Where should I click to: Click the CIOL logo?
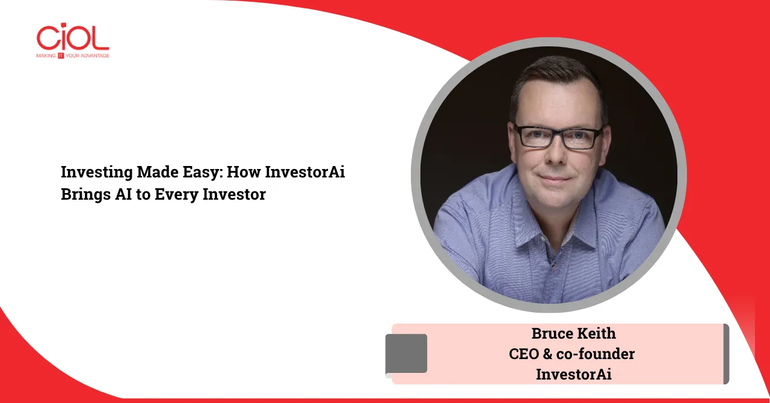pyautogui.click(x=73, y=40)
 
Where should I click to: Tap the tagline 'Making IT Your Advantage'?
pyautogui.click(x=73, y=56)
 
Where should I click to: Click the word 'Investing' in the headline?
pyautogui.click(x=97, y=172)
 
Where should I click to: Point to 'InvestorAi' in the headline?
pyautogui.click(x=305, y=172)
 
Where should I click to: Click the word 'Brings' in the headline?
pyautogui.click(x=86, y=195)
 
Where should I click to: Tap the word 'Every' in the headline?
pyautogui.click(x=177, y=195)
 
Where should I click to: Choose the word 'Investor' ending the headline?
pyautogui.click(x=234, y=194)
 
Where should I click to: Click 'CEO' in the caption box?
pyautogui.click(x=524, y=354)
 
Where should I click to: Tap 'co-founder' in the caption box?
pyautogui.click(x=596, y=354)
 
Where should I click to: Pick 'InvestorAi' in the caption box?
pyautogui.click(x=574, y=375)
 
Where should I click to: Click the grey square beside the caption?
pyautogui.click(x=406, y=354)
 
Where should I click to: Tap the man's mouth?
pyautogui.click(x=555, y=179)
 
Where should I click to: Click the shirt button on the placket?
pyautogui.click(x=553, y=265)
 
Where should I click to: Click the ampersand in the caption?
pyautogui.click(x=547, y=354)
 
